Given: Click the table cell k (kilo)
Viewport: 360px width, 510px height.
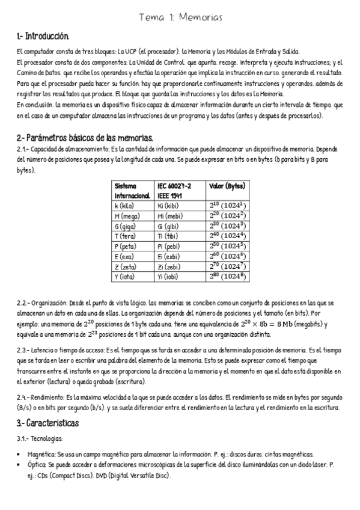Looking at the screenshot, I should pos(125,206).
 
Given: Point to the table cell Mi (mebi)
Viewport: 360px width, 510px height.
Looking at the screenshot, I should pos(171,215).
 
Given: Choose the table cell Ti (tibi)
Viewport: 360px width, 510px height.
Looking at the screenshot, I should pos(168,236).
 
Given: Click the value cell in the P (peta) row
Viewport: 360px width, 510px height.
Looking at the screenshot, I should pos(226,246).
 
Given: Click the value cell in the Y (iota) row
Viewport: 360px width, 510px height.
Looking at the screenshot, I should pos(226,277).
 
